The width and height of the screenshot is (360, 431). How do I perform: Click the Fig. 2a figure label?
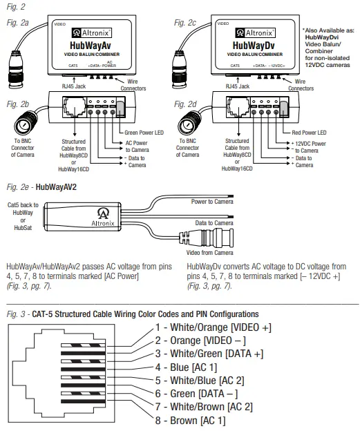(x=17, y=23)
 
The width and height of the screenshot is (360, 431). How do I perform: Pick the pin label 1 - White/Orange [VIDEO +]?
(x=214, y=327)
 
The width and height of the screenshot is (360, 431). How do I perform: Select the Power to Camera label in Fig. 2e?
(x=212, y=202)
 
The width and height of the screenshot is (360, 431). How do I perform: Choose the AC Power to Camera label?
(x=138, y=146)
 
